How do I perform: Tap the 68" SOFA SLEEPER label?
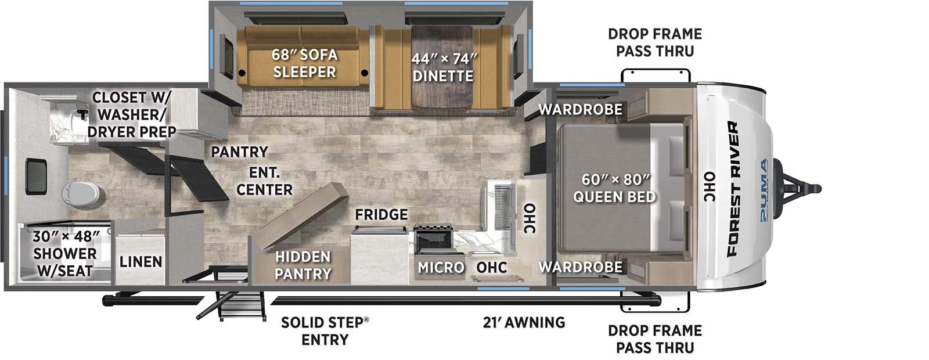pos(304,63)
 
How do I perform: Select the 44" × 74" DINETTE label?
pos(443,67)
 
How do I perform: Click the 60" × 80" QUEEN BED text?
pos(614,188)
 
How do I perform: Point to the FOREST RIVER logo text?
pos(733,189)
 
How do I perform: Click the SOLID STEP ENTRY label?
pos(324,331)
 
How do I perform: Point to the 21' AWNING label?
pos(524,322)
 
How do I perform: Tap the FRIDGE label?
pos(381,215)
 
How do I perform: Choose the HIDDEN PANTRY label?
pos(303,265)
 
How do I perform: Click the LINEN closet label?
pos(141,262)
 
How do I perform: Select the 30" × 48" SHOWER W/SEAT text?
pos(65,254)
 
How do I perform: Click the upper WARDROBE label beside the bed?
pos(580,109)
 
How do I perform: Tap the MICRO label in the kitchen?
pos(441,268)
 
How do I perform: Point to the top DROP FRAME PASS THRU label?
pos(655,42)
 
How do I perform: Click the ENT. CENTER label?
pos(264,181)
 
